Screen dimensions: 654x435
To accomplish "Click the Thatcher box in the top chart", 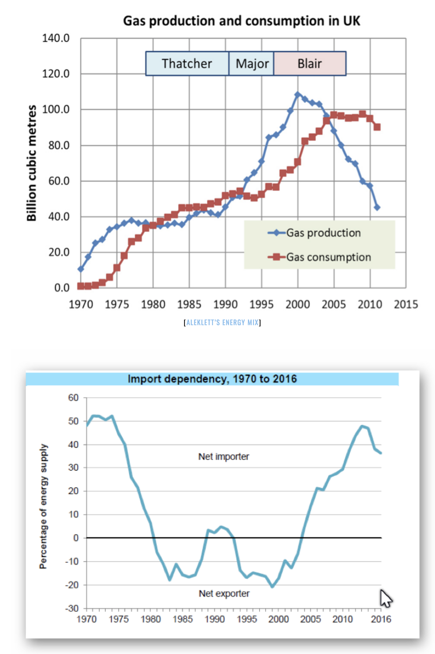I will (187, 64).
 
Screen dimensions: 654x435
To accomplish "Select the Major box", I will (252, 64).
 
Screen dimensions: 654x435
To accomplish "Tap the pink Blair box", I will (310, 64).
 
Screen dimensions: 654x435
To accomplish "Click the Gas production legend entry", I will (323, 233).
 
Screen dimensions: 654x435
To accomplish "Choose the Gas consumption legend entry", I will (328, 257).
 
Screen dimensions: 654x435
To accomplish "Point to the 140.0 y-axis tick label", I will (56, 38).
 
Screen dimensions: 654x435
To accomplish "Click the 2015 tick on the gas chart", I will (406, 304).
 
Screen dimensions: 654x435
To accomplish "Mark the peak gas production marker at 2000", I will (298, 95).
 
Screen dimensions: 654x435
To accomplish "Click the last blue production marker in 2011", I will (377, 207).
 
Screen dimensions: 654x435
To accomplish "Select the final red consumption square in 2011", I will (377, 127).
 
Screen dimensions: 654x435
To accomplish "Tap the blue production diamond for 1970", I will (81, 269).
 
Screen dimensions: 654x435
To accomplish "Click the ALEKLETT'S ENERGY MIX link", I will (222, 322).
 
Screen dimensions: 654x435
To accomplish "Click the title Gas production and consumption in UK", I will (242, 21).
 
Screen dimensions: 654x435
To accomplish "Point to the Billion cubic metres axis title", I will (32, 163).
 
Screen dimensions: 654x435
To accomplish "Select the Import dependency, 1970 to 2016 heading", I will (212, 379).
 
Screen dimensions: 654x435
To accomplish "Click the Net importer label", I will (224, 457).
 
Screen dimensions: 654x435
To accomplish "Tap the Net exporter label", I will (224, 593).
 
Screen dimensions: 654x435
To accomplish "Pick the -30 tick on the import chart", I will (72, 608).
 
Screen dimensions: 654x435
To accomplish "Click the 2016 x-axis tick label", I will (381, 619).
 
